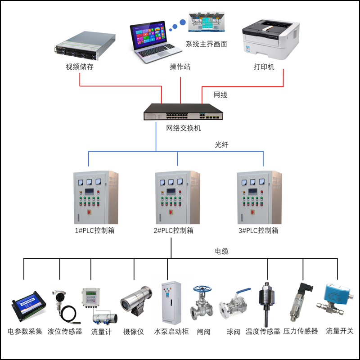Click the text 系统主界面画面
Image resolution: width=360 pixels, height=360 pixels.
pyautogui.click(x=207, y=44)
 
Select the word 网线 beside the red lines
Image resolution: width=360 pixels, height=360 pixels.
pyautogui.click(x=220, y=95)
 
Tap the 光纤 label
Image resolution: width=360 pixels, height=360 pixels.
pyautogui.click(x=222, y=146)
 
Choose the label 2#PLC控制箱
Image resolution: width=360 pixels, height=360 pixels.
pyautogui.click(x=173, y=230)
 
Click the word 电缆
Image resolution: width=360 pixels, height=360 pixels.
pyautogui.click(x=221, y=251)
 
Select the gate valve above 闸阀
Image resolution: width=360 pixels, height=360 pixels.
pyautogui.click(x=201, y=303)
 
